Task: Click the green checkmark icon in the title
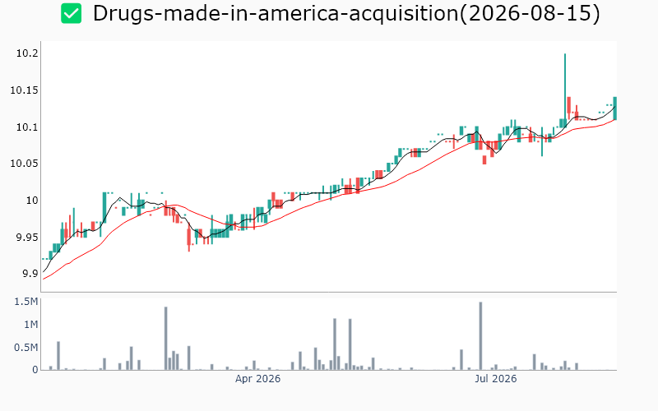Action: [71, 13]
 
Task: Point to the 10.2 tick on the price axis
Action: [27, 53]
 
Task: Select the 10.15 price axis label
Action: [25, 90]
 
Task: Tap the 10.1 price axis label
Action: [27, 127]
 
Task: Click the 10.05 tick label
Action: [25, 164]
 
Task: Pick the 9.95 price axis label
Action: [27, 238]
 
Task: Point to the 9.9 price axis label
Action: [30, 274]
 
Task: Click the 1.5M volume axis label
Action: [26, 302]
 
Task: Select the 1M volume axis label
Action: [30, 325]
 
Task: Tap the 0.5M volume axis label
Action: [26, 348]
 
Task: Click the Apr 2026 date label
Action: [257, 379]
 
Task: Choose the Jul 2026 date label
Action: [496, 379]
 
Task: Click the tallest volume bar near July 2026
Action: [480, 336]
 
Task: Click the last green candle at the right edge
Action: [614, 109]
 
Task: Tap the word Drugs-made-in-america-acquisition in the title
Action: [276, 13]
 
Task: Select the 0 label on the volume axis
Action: [35, 370]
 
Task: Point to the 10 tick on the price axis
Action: [32, 201]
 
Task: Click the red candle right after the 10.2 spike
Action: [568, 105]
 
